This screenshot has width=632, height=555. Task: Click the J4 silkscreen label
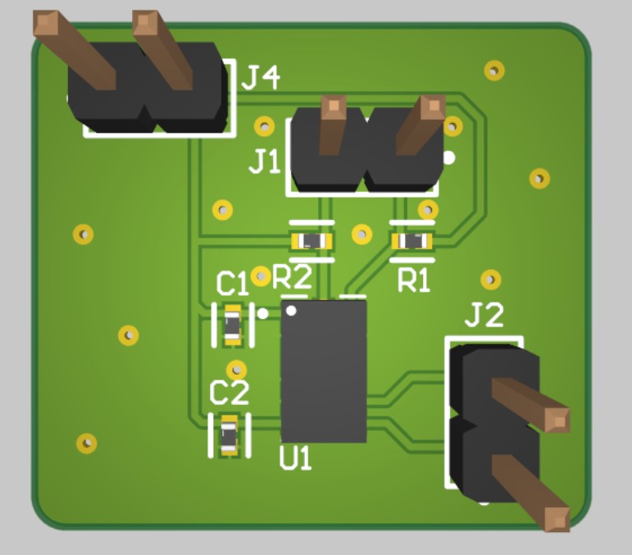[x=261, y=78]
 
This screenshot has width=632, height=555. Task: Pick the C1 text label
[x=232, y=284]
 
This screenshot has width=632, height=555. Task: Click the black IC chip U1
[x=323, y=371]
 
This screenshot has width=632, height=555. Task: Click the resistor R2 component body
[x=312, y=241]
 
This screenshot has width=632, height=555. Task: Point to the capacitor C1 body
[x=233, y=325]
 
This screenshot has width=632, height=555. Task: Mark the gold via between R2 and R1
[x=361, y=234]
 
